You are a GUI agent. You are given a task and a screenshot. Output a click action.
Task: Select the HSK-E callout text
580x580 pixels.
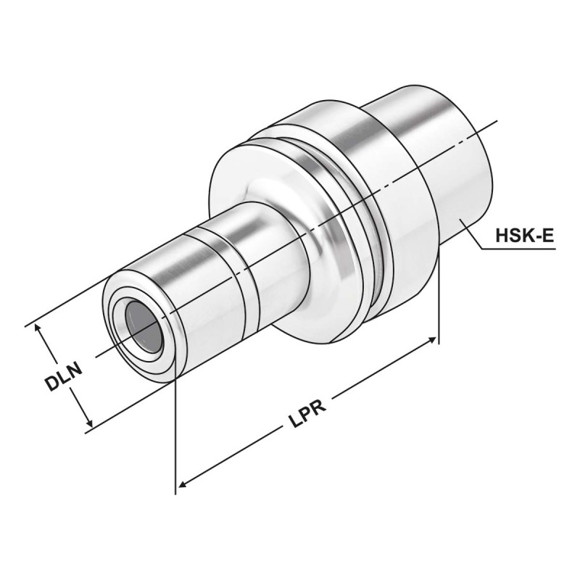coord(525,236)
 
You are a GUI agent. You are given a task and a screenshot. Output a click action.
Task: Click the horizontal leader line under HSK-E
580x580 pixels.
coord(518,249)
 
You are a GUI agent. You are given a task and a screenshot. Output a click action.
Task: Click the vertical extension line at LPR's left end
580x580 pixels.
coord(175,435)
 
